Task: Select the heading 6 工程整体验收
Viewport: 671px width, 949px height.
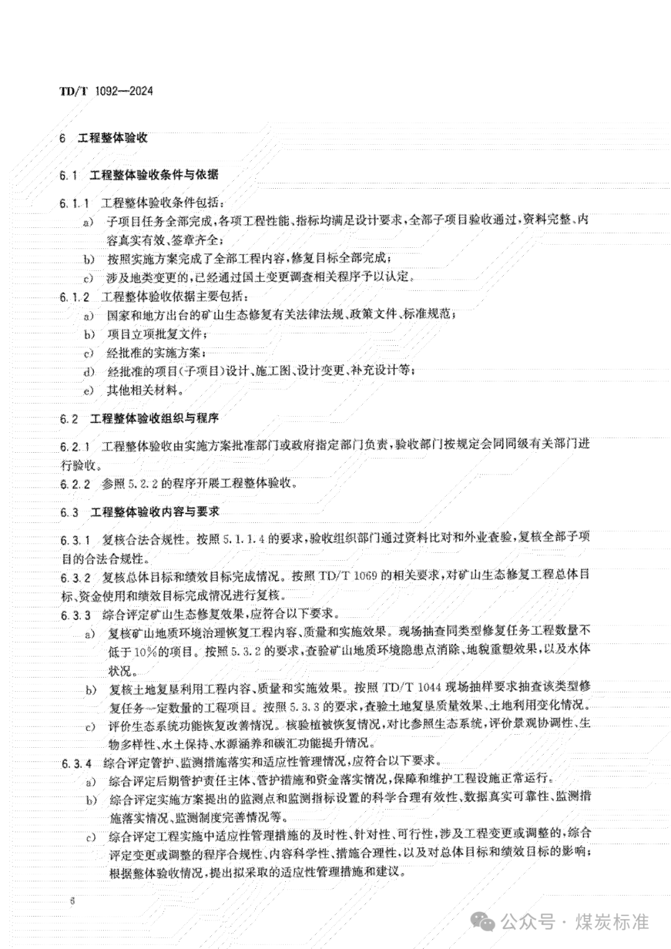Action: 104,138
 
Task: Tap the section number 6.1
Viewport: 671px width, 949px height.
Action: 68,175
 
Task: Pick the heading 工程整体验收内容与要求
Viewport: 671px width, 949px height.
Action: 154,512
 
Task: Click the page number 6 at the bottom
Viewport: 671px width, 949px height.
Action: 73,901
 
